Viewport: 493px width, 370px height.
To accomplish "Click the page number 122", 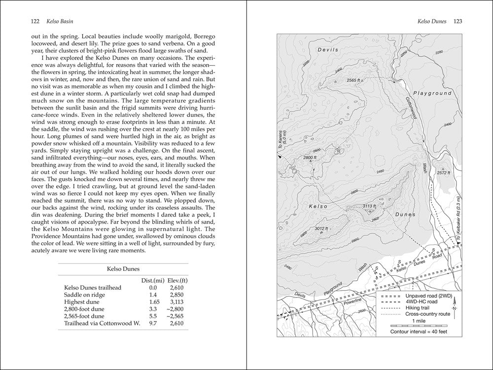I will coord(35,22).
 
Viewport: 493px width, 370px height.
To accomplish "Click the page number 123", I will coord(457,22).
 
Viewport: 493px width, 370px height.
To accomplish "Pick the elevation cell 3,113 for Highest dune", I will coord(176,301).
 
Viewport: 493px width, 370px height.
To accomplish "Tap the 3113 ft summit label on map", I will coord(369,206).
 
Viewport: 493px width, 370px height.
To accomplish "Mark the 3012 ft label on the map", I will coord(321,228).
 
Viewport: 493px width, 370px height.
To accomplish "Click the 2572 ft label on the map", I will coord(443,173).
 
